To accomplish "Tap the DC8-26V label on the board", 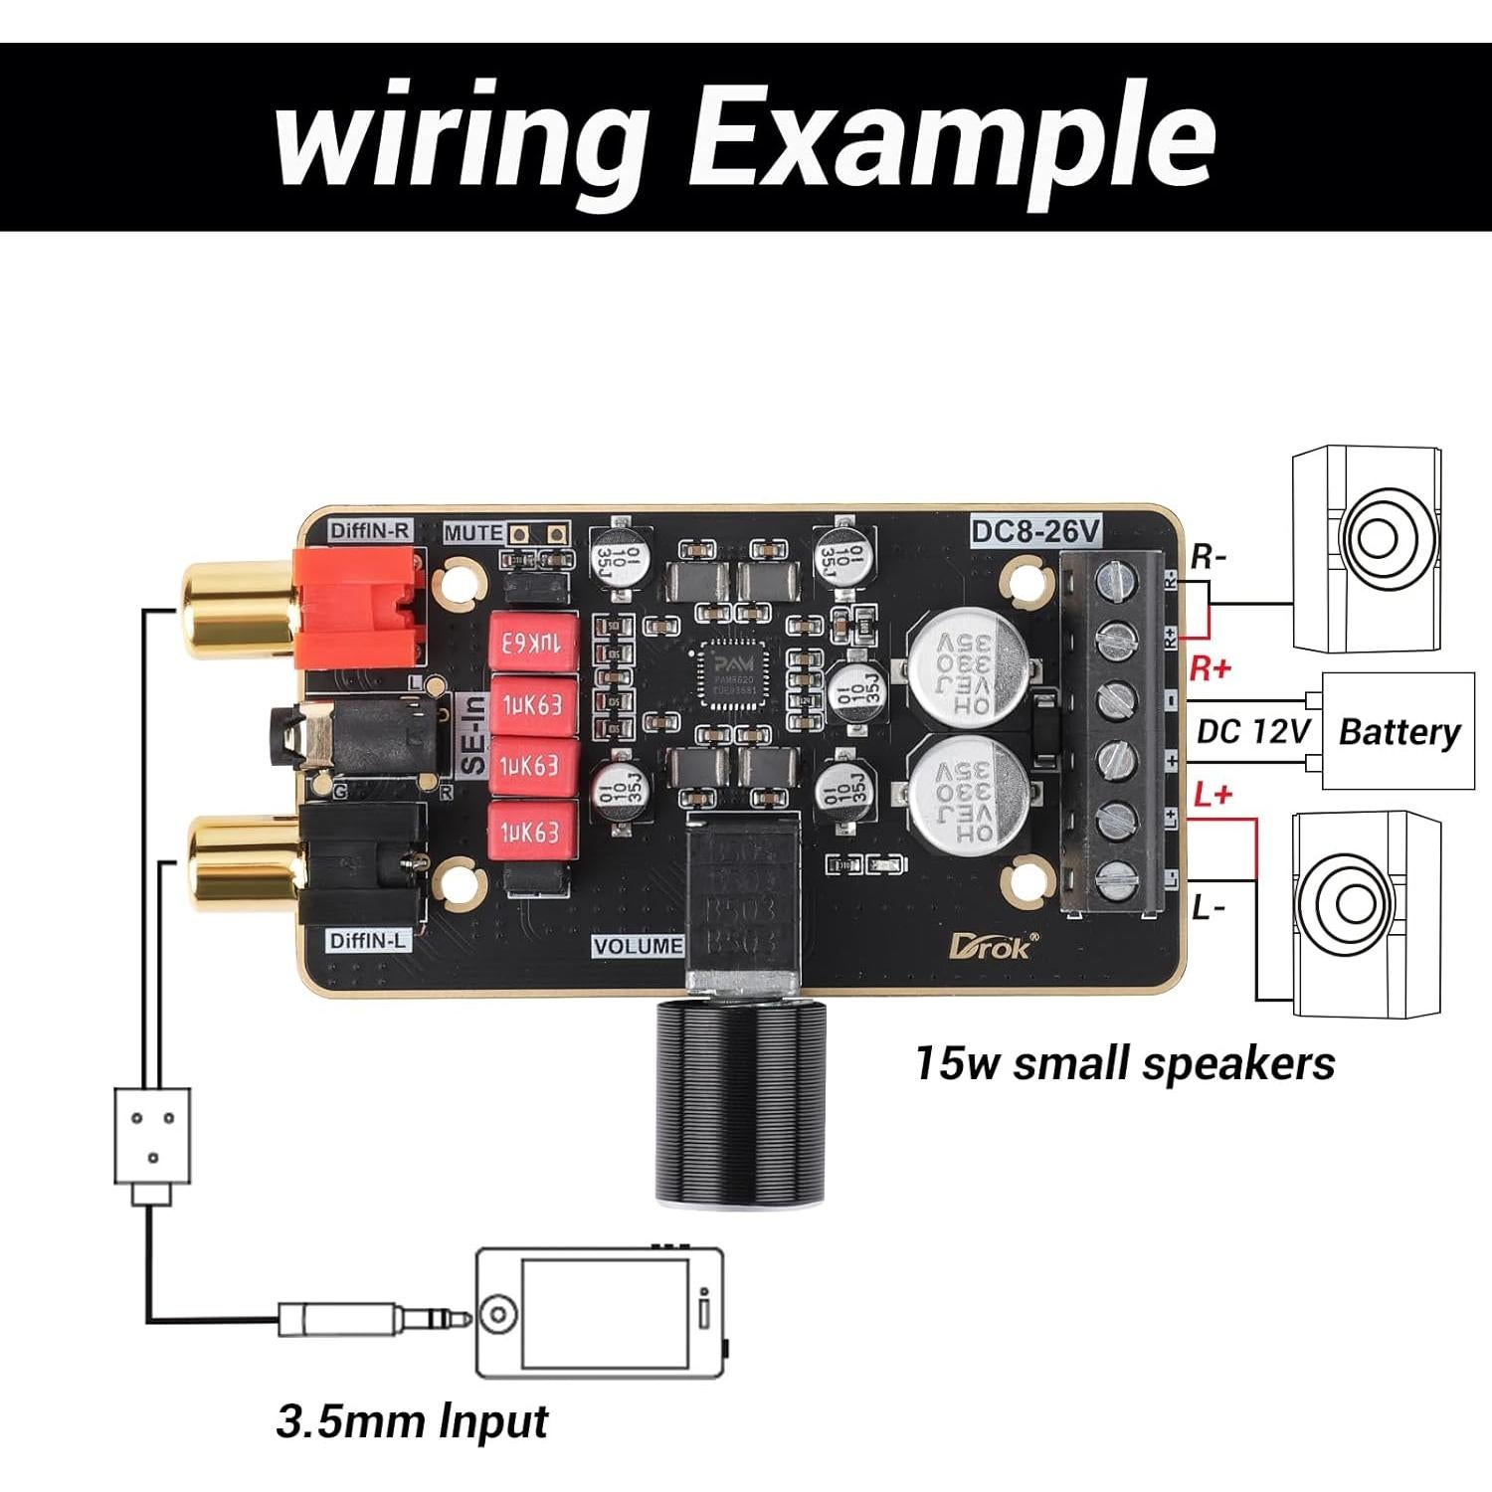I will pyautogui.click(x=1035, y=533).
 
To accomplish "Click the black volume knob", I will pyautogui.click(x=738, y=1104).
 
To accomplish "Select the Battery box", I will pyautogui.click(x=1398, y=732).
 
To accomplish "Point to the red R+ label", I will pyautogui.click(x=1210, y=669).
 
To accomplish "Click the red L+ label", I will pyautogui.click(x=1212, y=795).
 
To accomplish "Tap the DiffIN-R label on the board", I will pyautogui.click(x=370, y=530).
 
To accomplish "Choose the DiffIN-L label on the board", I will pyautogui.click(x=367, y=940).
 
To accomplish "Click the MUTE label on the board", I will pyautogui.click(x=472, y=533).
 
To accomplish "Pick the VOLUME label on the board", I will pyautogui.click(x=638, y=946).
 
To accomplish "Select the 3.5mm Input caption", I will pyautogui.click(x=412, y=1421).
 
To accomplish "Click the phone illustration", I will pyautogui.click(x=599, y=1313).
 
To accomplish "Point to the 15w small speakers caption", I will pyautogui.click(x=1124, y=1063).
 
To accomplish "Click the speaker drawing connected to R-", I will pyautogui.click(x=1366, y=549).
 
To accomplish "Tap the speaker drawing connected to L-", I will pyautogui.click(x=1366, y=912).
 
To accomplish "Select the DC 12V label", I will pyautogui.click(x=1253, y=732).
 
